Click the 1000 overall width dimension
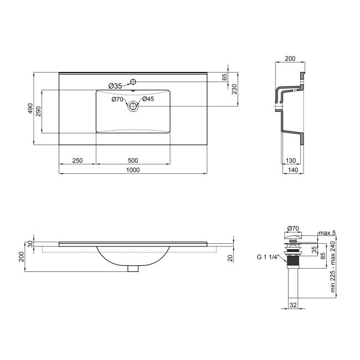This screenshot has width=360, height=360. pos(132,170)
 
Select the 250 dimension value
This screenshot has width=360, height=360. pos(77,160)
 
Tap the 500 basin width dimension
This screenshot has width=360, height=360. pos(132,160)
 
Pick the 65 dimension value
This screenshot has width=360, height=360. pos(224,78)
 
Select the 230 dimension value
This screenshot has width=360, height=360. pos(234,88)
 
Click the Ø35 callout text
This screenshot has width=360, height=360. pos(115,85)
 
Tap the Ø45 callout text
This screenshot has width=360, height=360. pos(147,99)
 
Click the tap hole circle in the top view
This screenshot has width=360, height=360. pos(133,83)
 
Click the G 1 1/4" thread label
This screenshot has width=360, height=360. pos(269,257)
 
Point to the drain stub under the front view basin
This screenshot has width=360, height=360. pos(132,269)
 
